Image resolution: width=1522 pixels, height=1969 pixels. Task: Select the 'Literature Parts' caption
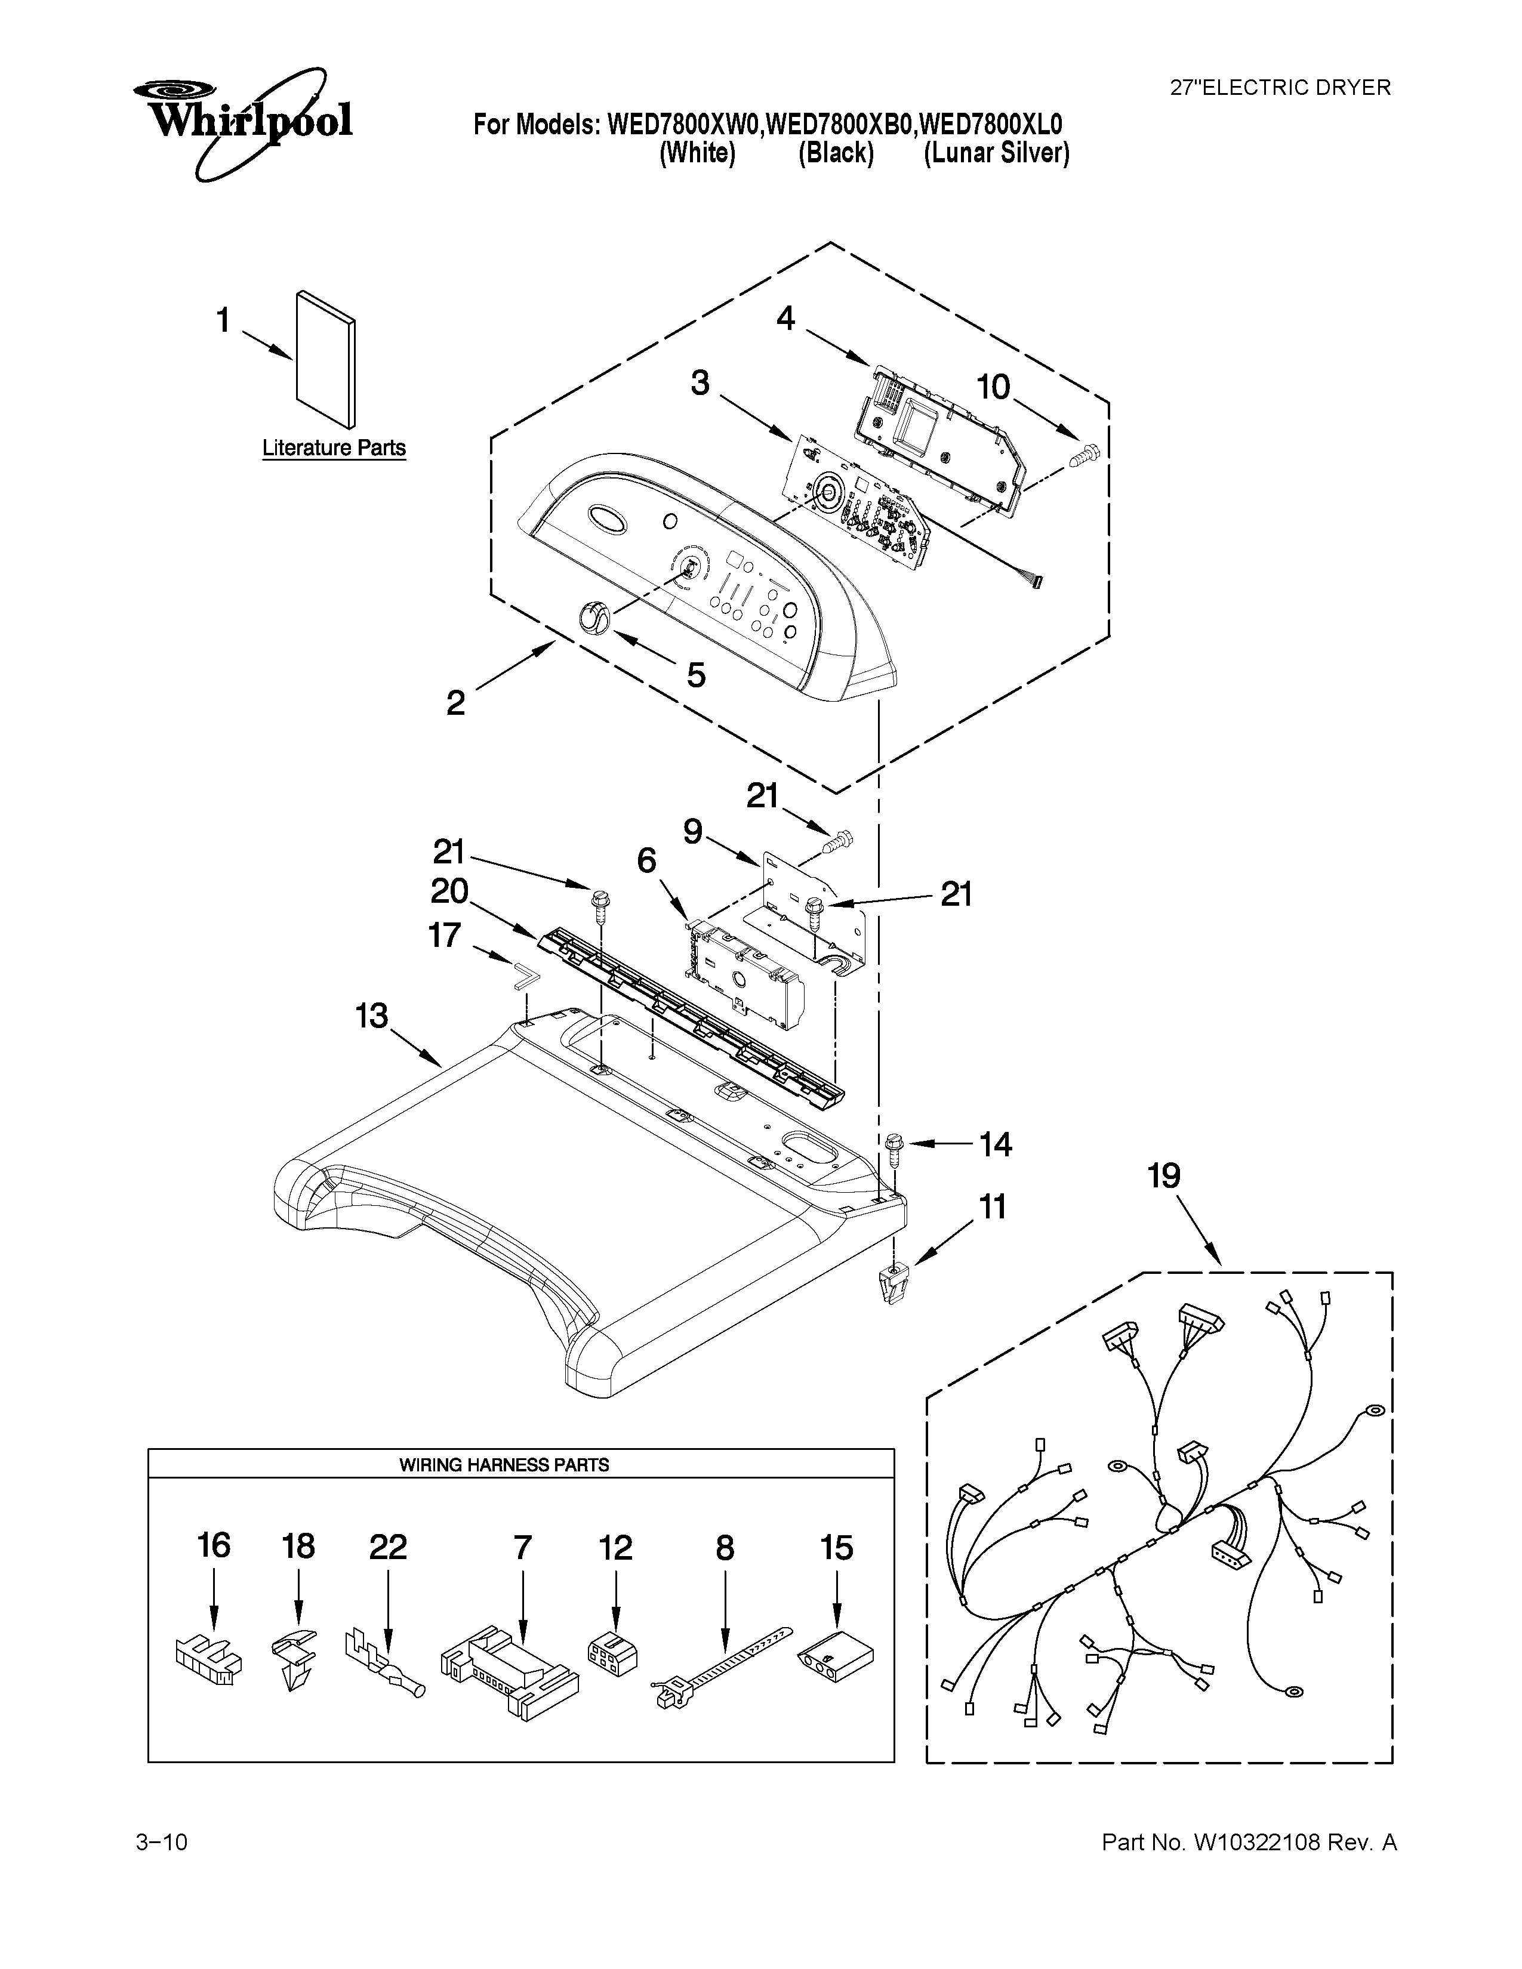click(334, 448)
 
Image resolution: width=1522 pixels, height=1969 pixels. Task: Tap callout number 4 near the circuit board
click(786, 318)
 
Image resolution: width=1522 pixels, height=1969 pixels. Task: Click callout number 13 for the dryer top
click(371, 1016)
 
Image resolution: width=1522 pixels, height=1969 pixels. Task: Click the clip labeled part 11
click(891, 1284)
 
